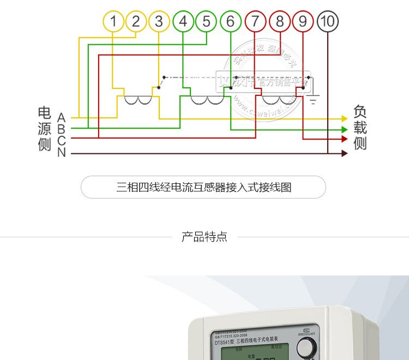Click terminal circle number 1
click(x=113, y=22)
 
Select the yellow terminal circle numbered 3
click(x=159, y=22)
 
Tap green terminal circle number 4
click(x=183, y=22)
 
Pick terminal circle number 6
click(x=230, y=22)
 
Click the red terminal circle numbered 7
click(x=255, y=22)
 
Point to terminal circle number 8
click(x=279, y=22)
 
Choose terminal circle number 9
click(x=303, y=22)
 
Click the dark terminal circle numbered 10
click(x=327, y=22)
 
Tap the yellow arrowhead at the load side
click(x=344, y=118)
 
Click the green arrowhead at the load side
click(x=344, y=129)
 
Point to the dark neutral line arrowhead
click(x=344, y=153)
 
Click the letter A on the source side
click(x=61, y=118)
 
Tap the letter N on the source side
click(x=61, y=153)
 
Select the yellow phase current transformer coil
click(x=137, y=100)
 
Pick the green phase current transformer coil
click(x=207, y=100)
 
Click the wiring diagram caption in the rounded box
click(x=203, y=187)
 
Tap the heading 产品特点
click(x=204, y=237)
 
